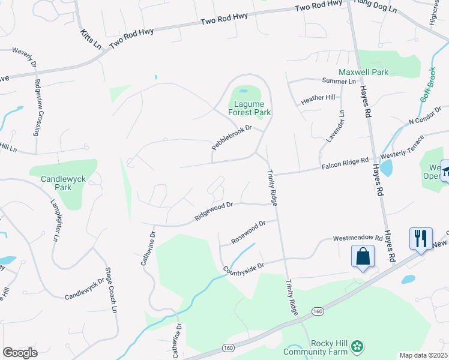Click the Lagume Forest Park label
[x=250, y=108]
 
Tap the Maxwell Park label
[x=363, y=72]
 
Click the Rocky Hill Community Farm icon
[x=358, y=346]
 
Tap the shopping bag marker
[x=363, y=256]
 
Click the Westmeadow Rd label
[x=358, y=238]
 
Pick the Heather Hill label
[x=318, y=97]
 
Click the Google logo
[x=20, y=353]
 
